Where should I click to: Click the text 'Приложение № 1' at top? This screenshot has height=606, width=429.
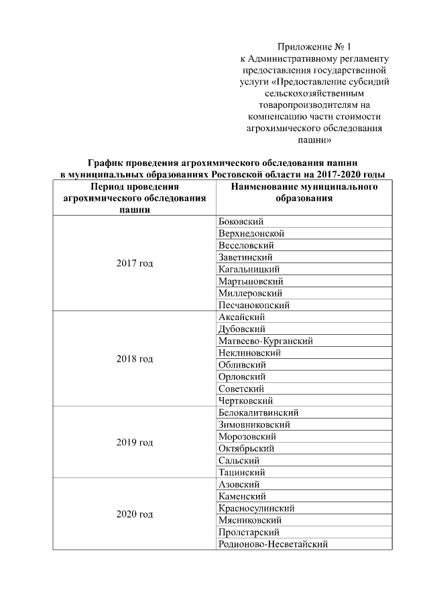[314, 47]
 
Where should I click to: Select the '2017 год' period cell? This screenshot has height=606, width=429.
[135, 263]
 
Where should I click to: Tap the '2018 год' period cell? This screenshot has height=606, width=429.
[135, 359]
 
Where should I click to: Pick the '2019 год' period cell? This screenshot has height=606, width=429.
[135, 443]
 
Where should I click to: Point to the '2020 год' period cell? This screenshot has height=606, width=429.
[135, 514]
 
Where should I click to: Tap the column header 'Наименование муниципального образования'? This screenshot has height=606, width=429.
[304, 193]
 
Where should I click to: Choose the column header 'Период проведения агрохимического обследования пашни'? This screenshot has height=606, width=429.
[135, 198]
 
